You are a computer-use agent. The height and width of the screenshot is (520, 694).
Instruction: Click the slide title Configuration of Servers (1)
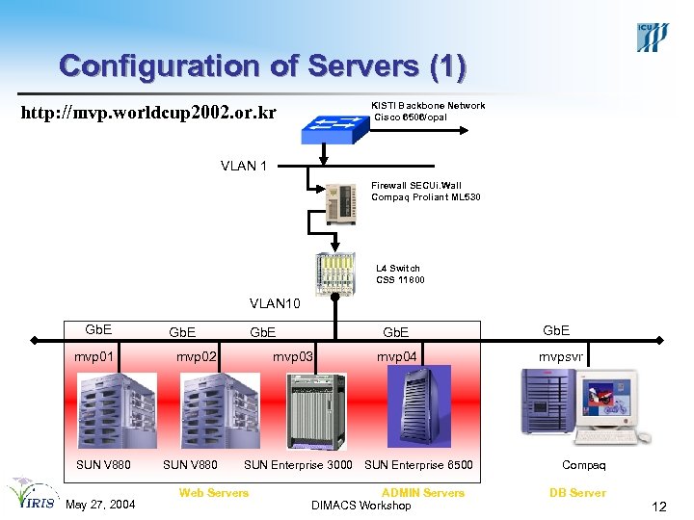point(262,65)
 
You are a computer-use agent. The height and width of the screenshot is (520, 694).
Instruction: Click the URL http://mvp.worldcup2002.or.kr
point(148,114)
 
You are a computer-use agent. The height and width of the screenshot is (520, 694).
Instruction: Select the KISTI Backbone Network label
point(428,106)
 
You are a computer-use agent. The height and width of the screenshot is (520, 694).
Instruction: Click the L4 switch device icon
point(335,273)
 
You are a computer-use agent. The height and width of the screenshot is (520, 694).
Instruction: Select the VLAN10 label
point(276,304)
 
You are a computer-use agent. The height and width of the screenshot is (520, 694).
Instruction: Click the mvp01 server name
point(94,356)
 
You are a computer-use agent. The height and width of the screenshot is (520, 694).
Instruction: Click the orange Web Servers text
point(213,493)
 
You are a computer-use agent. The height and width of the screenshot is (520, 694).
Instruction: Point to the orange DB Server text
point(577,493)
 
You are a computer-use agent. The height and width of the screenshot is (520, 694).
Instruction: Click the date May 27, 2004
point(101,506)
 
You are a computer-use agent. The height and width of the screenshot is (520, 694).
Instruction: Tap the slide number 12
point(659,507)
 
